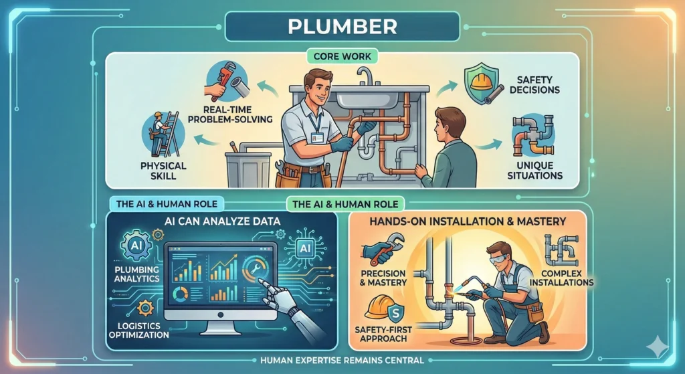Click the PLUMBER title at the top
point(342,27)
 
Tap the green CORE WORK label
point(342,58)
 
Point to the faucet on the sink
point(364,77)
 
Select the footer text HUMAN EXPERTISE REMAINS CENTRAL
point(342,360)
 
